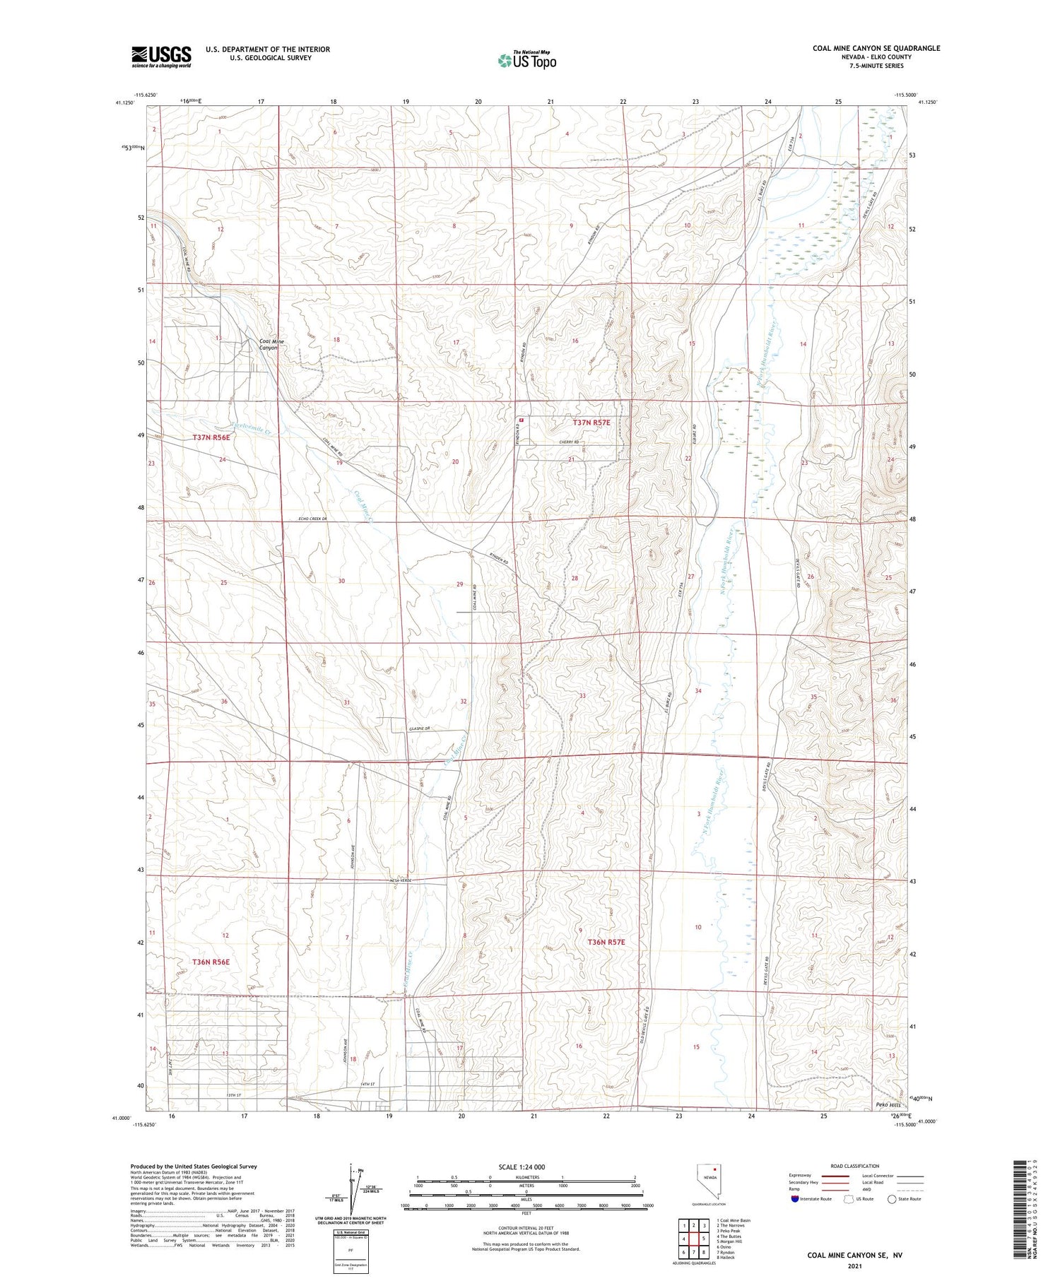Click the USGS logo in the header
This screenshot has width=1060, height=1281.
point(161,57)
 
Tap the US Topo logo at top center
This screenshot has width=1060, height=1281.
point(526,60)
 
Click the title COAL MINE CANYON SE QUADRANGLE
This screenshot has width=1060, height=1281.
point(876,48)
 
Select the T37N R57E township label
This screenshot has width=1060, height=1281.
point(591,423)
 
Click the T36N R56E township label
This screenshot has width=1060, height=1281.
point(211,962)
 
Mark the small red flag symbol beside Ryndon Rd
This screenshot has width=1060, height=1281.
point(521,420)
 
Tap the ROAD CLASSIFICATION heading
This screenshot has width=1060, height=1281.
point(855,1166)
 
